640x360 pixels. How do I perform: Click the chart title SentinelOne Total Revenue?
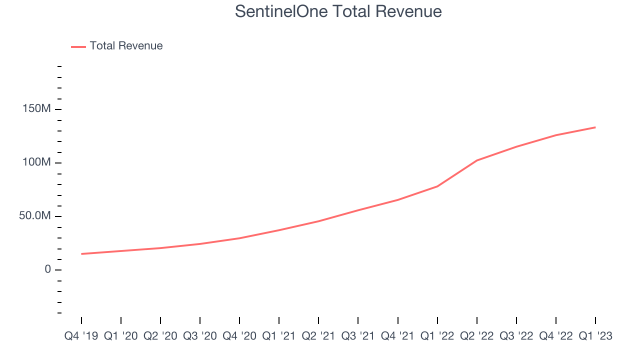click(x=338, y=11)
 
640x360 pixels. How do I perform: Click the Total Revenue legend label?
click(x=126, y=45)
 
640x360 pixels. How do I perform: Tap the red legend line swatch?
click(x=78, y=47)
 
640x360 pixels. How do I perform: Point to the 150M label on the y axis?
click(x=36, y=108)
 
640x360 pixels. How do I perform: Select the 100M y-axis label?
click(x=36, y=162)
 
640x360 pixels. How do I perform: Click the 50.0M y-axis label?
click(x=35, y=215)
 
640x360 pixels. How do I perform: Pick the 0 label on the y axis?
click(x=47, y=269)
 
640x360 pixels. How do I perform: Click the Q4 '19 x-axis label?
click(x=81, y=336)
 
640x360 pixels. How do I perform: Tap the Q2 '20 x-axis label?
click(x=160, y=336)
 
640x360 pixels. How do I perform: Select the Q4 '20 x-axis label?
click(x=239, y=336)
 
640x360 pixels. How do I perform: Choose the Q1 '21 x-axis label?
click(x=279, y=336)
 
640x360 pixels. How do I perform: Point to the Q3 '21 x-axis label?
click(x=358, y=336)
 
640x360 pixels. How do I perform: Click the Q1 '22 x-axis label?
click(x=437, y=336)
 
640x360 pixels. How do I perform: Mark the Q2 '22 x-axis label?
click(x=477, y=336)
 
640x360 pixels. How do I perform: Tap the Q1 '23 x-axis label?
click(x=595, y=336)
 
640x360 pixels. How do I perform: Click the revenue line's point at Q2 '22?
click(x=477, y=160)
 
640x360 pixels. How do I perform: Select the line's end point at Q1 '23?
click(x=595, y=127)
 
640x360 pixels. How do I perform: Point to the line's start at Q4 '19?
click(x=81, y=253)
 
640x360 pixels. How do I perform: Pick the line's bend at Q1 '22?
click(x=437, y=186)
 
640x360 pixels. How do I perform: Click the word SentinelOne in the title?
click(x=281, y=11)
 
